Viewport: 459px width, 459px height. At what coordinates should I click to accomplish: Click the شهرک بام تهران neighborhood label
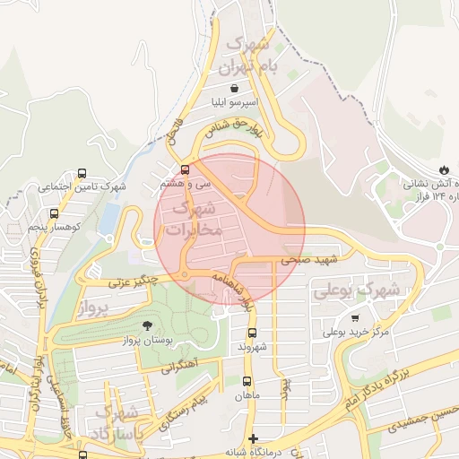254,55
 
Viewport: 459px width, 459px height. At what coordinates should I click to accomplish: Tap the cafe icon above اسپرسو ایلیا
235,88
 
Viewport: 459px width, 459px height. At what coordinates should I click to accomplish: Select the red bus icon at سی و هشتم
186,169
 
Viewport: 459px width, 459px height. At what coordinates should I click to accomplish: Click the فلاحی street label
173,131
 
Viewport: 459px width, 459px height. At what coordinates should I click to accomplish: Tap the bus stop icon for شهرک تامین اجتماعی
82,173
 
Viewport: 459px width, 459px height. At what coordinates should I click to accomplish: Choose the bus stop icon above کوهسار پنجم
54,213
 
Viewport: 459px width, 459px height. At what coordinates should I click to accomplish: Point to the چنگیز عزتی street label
133,281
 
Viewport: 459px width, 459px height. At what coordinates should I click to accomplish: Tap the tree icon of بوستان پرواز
146,325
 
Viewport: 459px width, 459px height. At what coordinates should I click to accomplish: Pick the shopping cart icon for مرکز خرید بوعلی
356,318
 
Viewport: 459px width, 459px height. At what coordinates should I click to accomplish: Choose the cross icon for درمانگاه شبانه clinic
255,439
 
